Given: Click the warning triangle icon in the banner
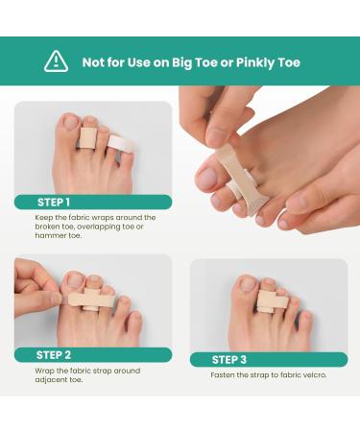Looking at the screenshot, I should point(57,61).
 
